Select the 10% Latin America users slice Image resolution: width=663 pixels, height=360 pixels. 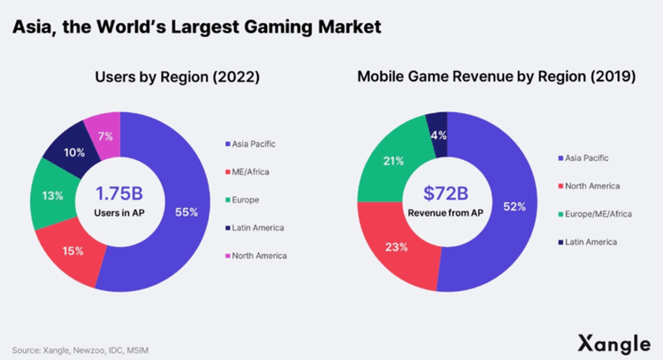coord(75,152)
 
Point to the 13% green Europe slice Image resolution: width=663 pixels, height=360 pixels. coord(51,195)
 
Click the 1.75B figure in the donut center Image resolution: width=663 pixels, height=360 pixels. coord(119,192)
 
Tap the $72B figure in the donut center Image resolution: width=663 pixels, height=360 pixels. coord(446,193)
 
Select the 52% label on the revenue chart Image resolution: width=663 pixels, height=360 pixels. coord(514,207)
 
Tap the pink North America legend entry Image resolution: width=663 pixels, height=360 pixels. coord(258,256)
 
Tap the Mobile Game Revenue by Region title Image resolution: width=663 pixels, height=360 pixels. coord(496,77)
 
